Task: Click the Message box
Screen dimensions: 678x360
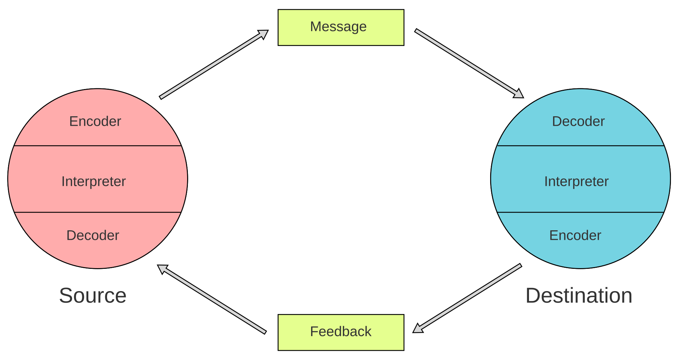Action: coord(341,28)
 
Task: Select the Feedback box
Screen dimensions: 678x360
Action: coord(341,332)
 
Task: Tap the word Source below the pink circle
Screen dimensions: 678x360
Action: coord(93,295)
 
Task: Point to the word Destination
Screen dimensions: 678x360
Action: coord(579,295)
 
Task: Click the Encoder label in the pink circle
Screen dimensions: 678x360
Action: coord(95,121)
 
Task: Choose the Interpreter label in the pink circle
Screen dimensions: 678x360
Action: coord(94,181)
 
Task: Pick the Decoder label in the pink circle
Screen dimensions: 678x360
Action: coord(93,235)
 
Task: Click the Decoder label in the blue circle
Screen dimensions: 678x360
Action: coord(578,121)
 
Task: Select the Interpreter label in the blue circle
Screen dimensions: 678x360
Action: coord(576,181)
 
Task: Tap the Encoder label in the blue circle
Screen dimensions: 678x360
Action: coord(575,235)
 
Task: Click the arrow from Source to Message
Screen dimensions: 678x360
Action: coord(214,64)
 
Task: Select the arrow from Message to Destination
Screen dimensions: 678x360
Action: coord(469,63)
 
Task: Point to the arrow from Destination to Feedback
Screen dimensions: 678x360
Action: coord(467,299)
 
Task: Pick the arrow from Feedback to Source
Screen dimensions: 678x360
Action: coord(212,299)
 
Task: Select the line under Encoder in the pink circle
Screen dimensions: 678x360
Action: coord(97,146)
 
